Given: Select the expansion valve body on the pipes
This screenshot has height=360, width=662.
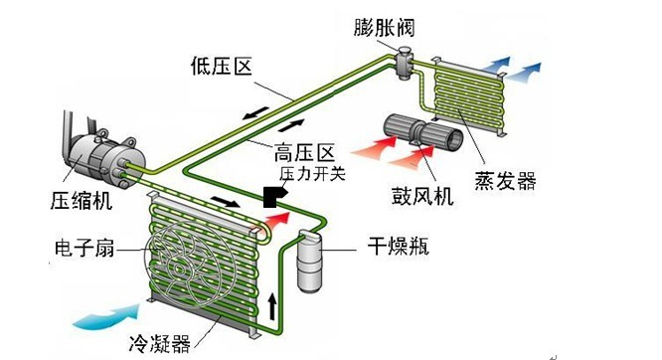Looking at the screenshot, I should click(x=406, y=65).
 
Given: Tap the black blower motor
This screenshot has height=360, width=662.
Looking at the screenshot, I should click(x=424, y=131).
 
